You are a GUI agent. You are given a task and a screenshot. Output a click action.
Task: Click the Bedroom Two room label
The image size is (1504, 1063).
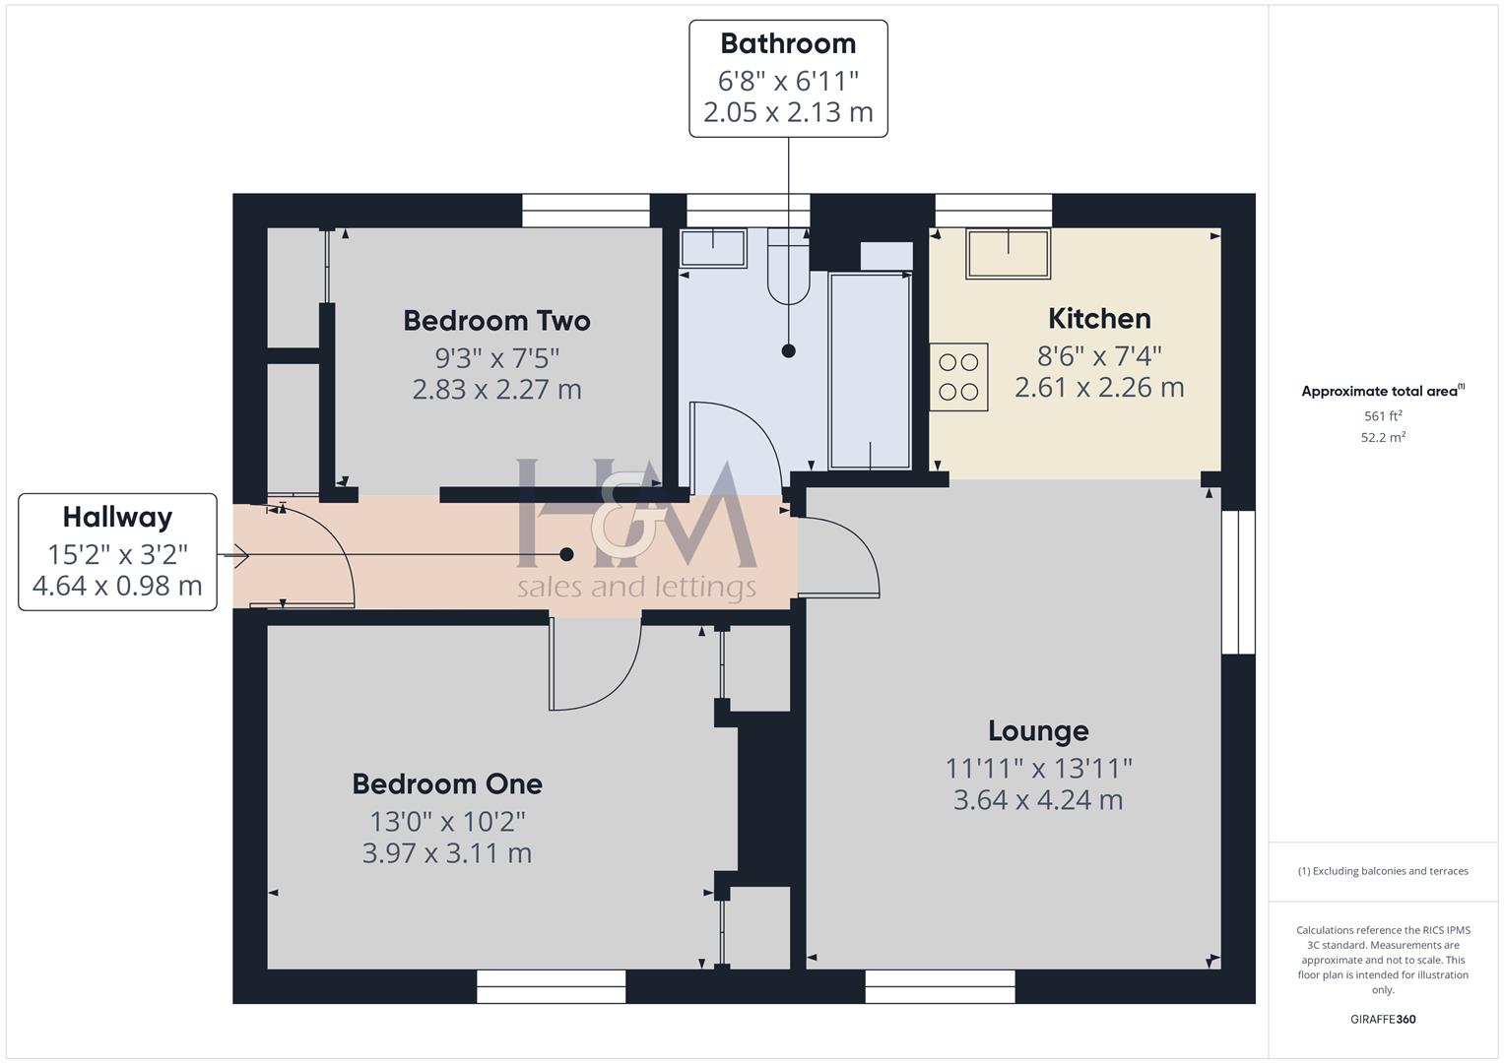(x=496, y=321)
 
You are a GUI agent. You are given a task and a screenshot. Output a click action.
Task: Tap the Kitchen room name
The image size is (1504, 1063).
(x=1099, y=319)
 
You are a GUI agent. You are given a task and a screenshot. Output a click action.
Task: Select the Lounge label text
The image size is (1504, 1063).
(x=1038, y=731)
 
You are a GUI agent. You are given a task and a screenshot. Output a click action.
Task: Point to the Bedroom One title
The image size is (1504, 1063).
(x=447, y=784)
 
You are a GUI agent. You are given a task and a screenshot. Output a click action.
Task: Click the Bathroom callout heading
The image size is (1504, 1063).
(x=788, y=43)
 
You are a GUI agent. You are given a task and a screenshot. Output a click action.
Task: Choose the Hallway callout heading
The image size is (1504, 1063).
(x=117, y=518)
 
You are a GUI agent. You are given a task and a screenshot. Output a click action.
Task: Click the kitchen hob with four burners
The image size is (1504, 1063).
(x=959, y=377)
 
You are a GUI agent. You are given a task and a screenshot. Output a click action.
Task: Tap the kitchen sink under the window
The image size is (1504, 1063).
(x=1008, y=253)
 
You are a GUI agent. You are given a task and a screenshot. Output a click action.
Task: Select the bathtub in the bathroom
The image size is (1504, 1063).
(x=871, y=371)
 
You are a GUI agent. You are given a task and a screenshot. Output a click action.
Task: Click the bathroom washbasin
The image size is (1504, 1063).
(x=714, y=247)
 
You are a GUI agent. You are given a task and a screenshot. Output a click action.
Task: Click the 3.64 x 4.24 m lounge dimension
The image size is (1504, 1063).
(x=1038, y=800)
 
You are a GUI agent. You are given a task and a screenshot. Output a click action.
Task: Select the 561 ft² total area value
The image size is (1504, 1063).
(x=1383, y=416)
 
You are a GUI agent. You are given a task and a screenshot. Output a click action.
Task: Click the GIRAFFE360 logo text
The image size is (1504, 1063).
(x=1383, y=1020)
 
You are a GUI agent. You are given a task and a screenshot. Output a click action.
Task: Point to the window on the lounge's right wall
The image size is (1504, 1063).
(x=1238, y=582)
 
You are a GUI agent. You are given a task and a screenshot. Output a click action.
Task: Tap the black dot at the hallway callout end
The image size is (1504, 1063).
(x=566, y=555)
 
